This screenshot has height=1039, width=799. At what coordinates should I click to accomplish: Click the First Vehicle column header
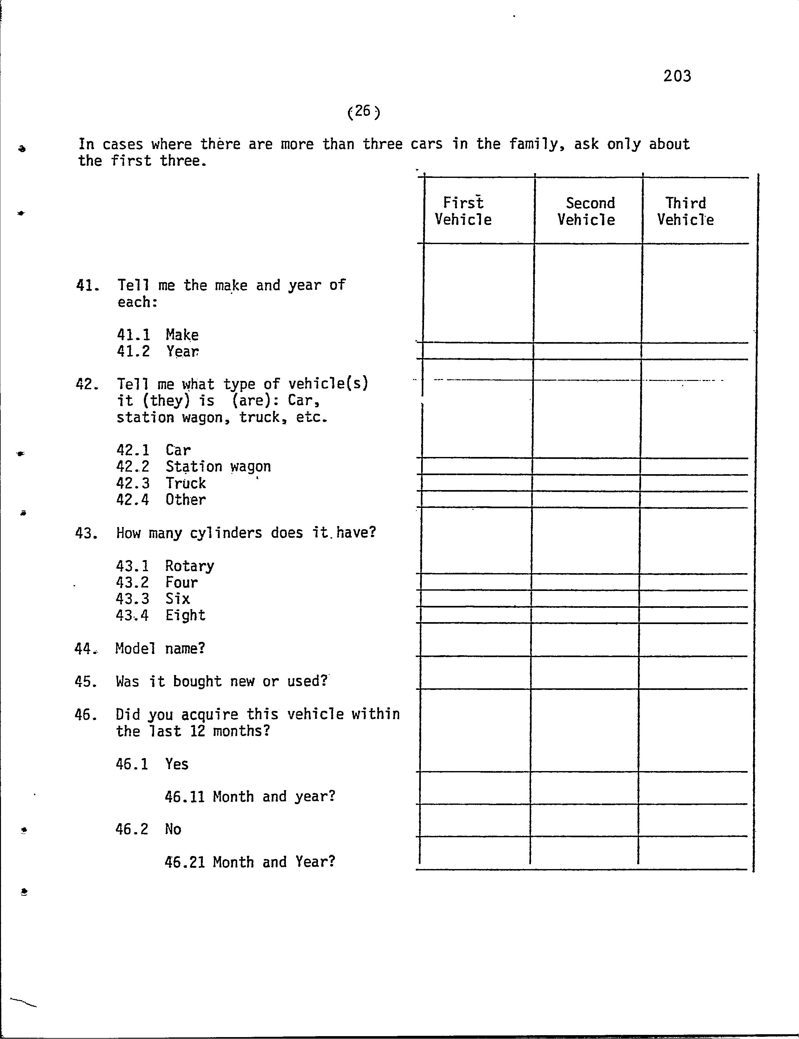463,211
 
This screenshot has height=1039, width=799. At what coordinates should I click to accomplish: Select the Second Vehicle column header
587,211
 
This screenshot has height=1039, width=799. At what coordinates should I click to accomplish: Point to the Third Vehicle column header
685,211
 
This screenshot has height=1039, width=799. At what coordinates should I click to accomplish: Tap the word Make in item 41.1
182,335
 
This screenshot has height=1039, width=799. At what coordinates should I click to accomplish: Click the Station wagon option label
218,467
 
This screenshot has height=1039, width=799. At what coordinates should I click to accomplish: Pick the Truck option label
186,483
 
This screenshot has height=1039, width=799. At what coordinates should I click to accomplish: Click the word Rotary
190,566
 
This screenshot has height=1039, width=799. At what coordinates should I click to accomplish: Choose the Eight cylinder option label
186,615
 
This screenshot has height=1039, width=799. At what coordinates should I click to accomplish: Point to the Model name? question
160,649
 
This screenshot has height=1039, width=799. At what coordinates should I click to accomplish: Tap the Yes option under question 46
177,764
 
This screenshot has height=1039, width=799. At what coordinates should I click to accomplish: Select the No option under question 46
173,829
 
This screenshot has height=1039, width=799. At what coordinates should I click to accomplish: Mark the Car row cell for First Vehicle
477,450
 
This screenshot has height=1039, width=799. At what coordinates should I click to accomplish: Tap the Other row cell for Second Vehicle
586,499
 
